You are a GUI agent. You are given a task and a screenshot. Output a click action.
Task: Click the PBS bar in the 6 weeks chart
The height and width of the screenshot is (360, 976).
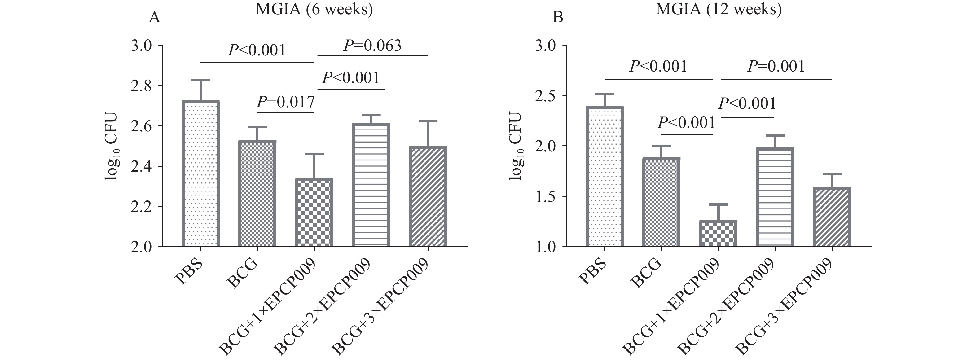pos(200,174)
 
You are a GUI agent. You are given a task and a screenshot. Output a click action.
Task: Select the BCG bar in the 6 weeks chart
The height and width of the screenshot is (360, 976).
pos(257,194)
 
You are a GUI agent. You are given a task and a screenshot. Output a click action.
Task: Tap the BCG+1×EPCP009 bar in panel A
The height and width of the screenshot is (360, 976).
pos(314,212)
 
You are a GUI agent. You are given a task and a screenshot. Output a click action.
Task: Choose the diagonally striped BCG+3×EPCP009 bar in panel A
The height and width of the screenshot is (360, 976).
pos(428,197)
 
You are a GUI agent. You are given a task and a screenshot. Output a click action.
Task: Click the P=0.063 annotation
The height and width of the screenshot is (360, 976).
pos(372,46)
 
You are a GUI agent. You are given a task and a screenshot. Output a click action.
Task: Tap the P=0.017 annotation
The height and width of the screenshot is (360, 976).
pos(286,102)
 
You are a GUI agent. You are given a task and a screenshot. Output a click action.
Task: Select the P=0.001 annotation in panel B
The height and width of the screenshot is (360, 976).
pos(776,67)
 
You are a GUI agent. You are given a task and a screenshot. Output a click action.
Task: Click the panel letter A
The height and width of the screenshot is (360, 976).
pos(154,17)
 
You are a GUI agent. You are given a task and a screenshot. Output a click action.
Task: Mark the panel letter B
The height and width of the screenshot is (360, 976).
pos(558,17)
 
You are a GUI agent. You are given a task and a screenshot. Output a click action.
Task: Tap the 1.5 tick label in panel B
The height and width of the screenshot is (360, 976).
pos(545,196)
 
